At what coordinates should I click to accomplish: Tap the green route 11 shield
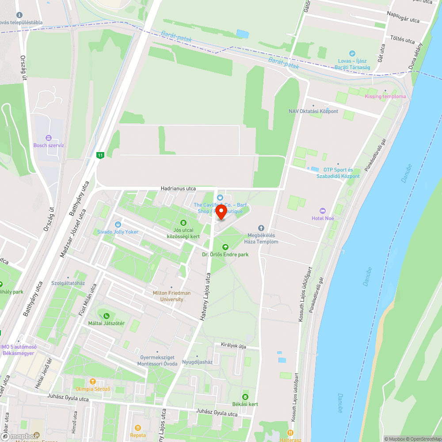pos(101,155)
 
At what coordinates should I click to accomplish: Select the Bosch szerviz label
pos(49,145)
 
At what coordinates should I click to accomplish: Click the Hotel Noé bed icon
pos(322,211)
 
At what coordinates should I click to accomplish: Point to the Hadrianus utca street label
pos(178,188)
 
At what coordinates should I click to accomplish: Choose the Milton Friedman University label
pos(172,296)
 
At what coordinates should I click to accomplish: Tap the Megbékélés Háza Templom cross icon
pos(261,228)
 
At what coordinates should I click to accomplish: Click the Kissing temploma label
pos(385,96)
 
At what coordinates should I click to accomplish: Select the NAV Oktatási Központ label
pos(313,111)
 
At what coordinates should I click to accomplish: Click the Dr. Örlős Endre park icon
pos(225,247)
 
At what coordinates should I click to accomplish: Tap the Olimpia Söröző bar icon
pos(92,381)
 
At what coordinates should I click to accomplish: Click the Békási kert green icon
pos(245,396)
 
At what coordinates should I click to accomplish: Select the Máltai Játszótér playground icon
pos(106,316)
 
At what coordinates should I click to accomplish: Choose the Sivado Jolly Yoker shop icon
pos(118,224)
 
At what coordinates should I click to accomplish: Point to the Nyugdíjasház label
pos(197,362)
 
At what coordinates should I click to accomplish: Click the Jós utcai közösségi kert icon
pos(183,222)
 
